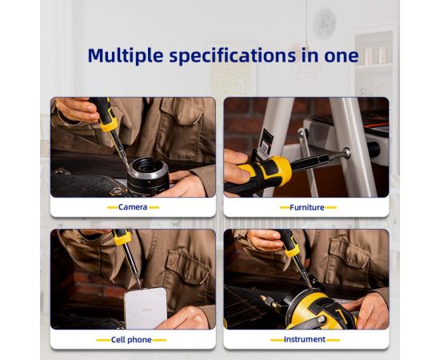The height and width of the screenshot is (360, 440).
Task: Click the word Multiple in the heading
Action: [126, 55]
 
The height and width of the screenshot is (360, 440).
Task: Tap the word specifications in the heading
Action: [232, 55]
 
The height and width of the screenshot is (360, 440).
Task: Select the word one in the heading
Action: [342, 56]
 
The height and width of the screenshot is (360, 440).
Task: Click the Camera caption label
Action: [133, 207]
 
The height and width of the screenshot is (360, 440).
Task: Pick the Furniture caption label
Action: [306, 208]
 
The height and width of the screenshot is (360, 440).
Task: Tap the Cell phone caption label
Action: [131, 340]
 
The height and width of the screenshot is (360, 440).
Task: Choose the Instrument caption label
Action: [305, 339]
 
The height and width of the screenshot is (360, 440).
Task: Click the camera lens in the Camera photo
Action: [148, 177]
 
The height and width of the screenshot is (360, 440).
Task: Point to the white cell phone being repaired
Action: [146, 308]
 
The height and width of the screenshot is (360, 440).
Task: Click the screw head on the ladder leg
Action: [347, 153]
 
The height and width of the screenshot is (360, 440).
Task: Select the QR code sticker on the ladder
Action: [266, 145]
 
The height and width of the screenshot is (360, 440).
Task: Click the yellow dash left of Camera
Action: [112, 208]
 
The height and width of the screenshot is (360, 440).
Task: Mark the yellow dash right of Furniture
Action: [330, 208]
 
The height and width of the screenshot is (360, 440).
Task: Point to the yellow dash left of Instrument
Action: [277, 340]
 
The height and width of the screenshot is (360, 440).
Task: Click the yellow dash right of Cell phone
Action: [159, 340]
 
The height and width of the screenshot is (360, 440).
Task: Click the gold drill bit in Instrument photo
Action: [270, 302]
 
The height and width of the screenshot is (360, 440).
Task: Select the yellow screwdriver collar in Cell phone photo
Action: [123, 238]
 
